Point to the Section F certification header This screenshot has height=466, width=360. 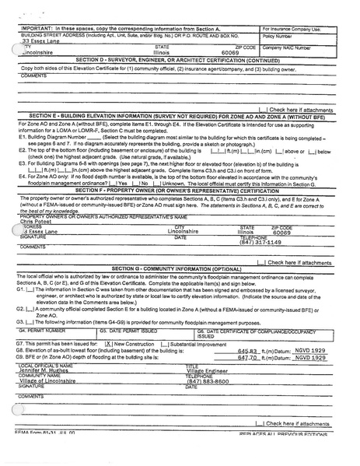[180, 212]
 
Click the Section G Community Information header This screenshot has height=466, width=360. [180, 267]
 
